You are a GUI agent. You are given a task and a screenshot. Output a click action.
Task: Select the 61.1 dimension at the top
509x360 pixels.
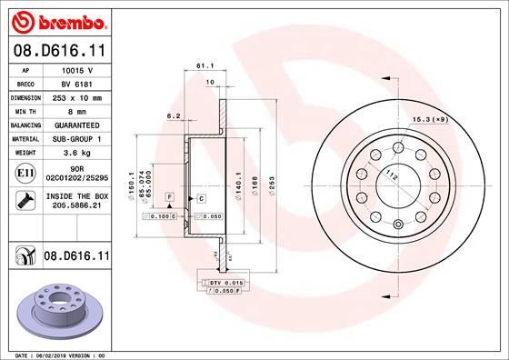[x=204, y=66]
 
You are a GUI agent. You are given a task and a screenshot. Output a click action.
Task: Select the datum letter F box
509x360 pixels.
[x=168, y=197]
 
